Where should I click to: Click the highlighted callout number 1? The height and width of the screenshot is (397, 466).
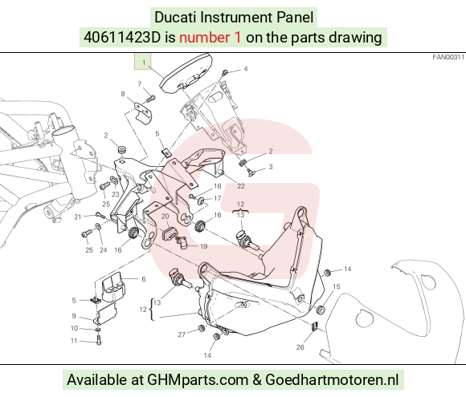coord(144,63)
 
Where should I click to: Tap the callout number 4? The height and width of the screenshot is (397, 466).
coord(246,69)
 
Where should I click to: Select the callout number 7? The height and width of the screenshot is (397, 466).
coord(140,84)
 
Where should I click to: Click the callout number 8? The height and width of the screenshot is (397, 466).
coord(123,94)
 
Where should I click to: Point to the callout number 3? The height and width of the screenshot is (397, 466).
coord(271,167)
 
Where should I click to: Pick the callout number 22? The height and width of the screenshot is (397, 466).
coord(241,186)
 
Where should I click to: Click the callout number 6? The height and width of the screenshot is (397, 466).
coord(144,279)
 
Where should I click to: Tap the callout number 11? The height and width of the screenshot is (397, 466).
coord(74,341)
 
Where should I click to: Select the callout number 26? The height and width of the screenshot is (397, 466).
coord(300,346)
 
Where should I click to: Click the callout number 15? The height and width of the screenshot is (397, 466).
coord(336,287)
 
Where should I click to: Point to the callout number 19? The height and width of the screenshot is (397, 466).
coord(203,246)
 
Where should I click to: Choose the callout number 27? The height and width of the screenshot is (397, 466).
coord(182,334)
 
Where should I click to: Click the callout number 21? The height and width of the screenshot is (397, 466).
coord(78,217)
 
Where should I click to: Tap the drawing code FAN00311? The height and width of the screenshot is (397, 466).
coord(448,57)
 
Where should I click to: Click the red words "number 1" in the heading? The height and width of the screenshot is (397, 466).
coord(210,38)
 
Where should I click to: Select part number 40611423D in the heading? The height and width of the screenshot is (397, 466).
coord(122,38)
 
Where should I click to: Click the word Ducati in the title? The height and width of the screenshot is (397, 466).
coord(175,17)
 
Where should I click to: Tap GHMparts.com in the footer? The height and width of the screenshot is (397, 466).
coord(198,380)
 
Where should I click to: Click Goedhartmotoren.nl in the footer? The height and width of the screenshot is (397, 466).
coord(332,379)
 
